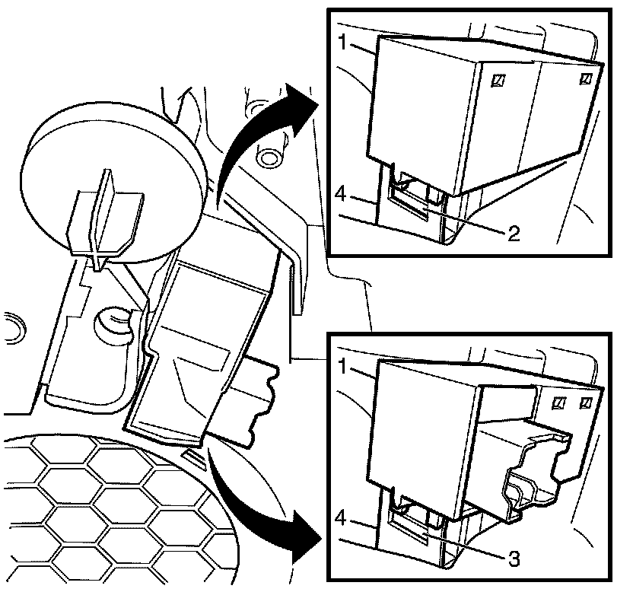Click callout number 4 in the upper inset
pyautogui.click(x=342, y=196)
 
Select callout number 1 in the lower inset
pyautogui.click(x=343, y=367)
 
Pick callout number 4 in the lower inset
pyautogui.click(x=342, y=518)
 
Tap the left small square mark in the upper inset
pyautogui.click(x=500, y=79)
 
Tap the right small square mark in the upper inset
pyautogui.click(x=585, y=78)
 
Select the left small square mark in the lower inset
pyautogui.click(x=560, y=403)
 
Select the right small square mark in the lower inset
pyautogui.click(x=587, y=403)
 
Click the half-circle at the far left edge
pyautogui.click(x=9, y=326)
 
